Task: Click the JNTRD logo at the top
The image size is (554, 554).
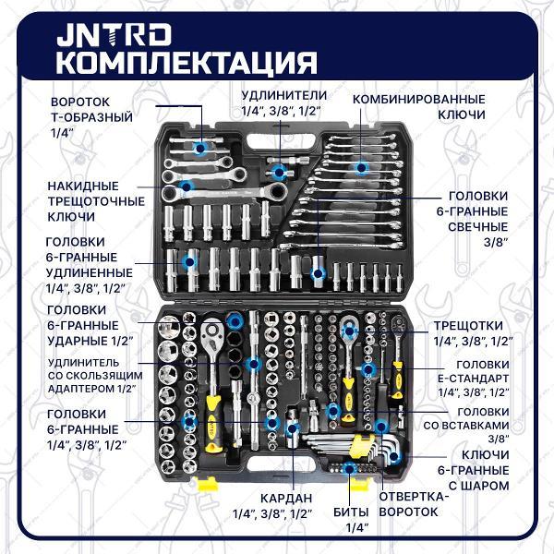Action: pyautogui.click(x=114, y=35)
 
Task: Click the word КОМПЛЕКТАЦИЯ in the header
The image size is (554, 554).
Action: pyautogui.click(x=187, y=63)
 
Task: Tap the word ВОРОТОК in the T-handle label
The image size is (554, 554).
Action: pyautogui.click(x=80, y=102)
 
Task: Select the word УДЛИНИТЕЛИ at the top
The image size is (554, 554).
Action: pyautogui.click(x=284, y=95)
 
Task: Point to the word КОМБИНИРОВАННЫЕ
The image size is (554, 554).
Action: pyautogui.click(x=418, y=100)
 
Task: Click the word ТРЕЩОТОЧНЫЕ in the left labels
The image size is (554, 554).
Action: pyautogui.click(x=96, y=201)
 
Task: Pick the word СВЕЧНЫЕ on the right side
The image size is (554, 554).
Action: pyautogui.click(x=478, y=227)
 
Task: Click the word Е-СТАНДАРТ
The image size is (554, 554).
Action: pyautogui.click(x=474, y=379)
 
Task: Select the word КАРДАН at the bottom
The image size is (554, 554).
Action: pyautogui.click(x=286, y=499)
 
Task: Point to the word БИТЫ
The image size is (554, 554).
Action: pyautogui.click(x=351, y=512)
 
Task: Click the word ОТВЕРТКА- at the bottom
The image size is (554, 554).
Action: pyautogui.click(x=414, y=497)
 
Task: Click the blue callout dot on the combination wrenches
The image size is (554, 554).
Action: pyautogui.click(x=361, y=167)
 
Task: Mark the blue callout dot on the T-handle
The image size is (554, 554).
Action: pyautogui.click(x=200, y=148)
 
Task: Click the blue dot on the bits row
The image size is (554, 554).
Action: pyautogui.click(x=349, y=469)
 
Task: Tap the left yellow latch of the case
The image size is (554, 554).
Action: pyautogui.click(x=207, y=484)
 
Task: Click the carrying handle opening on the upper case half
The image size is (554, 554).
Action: pyautogui.click(x=282, y=141)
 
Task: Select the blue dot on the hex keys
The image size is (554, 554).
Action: pyautogui.click(x=394, y=456)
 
